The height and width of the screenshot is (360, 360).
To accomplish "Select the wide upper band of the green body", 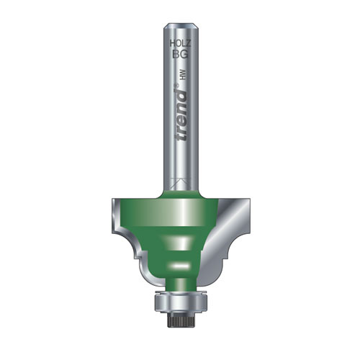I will point(176,212).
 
